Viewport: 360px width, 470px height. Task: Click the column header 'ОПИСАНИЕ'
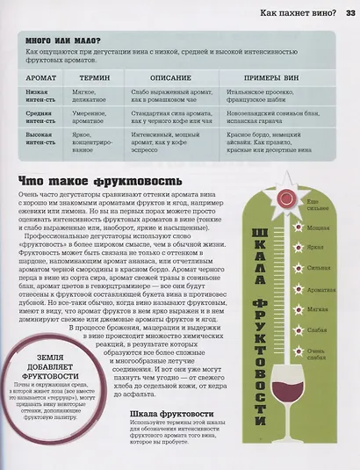coord(169,77)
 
